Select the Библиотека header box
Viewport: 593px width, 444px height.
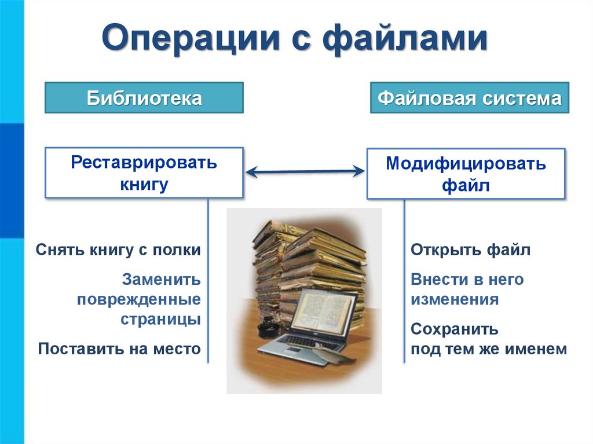(x=144, y=97)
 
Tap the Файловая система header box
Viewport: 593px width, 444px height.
(x=469, y=97)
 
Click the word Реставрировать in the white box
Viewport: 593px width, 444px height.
(x=144, y=163)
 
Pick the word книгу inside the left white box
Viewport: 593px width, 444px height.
(x=144, y=185)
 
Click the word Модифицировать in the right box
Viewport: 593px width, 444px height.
(x=466, y=164)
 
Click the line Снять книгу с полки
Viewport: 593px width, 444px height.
(x=118, y=250)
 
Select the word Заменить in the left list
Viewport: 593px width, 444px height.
(x=162, y=280)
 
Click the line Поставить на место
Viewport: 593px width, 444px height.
(x=119, y=348)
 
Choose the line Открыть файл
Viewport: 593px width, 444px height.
(x=470, y=250)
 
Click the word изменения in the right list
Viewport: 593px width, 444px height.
(x=455, y=300)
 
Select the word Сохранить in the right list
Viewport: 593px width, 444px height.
(x=455, y=329)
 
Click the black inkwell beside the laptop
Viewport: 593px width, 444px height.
(x=268, y=326)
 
